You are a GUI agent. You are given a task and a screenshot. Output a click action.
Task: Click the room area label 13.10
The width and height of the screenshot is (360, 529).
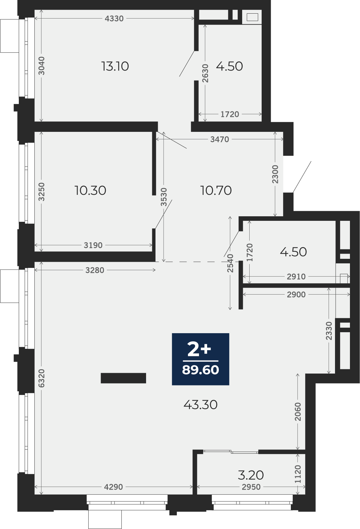(115, 66)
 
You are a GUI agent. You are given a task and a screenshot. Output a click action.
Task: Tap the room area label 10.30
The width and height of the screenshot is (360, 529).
(90, 190)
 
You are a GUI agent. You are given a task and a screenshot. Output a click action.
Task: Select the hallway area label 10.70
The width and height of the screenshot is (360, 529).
(216, 190)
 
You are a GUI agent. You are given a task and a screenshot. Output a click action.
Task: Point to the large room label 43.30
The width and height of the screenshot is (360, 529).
(200, 405)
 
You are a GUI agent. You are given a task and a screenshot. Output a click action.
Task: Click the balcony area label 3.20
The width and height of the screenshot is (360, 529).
(251, 475)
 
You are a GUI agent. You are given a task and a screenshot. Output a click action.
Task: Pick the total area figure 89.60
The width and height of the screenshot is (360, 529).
(200, 370)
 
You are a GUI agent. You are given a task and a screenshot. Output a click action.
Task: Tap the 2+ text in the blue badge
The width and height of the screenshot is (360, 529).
(199, 350)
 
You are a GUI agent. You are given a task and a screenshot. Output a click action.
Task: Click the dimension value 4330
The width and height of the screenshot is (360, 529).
(114, 19)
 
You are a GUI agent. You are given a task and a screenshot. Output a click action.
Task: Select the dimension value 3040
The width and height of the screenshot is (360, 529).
(41, 66)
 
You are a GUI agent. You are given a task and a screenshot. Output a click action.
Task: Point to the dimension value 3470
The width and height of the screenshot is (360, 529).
(219, 139)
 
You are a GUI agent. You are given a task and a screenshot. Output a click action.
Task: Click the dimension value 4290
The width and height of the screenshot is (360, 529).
(114, 487)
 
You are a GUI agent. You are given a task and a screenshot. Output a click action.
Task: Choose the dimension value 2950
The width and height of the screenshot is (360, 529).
(251, 487)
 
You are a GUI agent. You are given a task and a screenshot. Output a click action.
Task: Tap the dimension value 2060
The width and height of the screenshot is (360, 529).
(298, 412)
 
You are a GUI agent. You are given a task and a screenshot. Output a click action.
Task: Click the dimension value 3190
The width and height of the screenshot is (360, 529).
(93, 245)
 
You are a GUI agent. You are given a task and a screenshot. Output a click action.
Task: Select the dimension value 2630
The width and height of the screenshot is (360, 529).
(205, 73)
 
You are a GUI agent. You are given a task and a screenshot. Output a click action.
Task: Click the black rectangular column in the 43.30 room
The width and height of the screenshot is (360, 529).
(123, 378)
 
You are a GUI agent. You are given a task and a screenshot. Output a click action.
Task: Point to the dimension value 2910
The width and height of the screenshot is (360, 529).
(296, 276)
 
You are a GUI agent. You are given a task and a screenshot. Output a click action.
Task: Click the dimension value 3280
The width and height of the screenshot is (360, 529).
(95, 270)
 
